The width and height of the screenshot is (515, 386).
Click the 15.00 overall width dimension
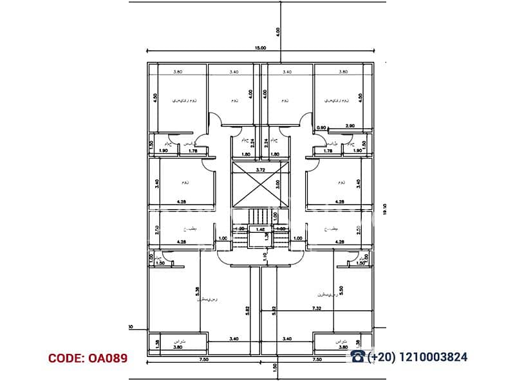[260, 48]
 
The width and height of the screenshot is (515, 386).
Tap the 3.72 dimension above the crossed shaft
[261, 170]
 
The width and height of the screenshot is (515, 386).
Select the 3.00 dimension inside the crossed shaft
[277, 184]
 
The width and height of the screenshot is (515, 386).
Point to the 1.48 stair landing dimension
[261, 228]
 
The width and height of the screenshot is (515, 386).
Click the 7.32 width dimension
[317, 309]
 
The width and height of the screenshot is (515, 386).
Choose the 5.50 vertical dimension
[341, 290]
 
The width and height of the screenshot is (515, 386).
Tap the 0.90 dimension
[322, 127]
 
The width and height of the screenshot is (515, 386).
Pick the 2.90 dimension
[350, 127]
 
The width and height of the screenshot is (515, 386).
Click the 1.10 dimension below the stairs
[265, 257]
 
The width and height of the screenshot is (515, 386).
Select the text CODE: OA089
[88, 358]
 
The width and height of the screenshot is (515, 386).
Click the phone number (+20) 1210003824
[417, 357]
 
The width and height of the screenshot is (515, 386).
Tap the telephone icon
[357, 356]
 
